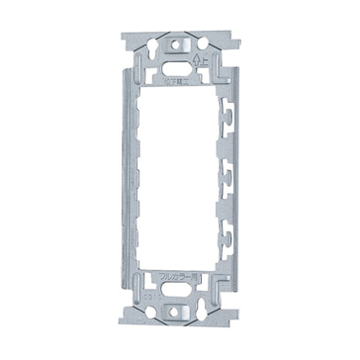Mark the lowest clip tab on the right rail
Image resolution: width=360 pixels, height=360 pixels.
click(230, 237)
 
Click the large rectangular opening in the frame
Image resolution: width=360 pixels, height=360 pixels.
click(180, 178)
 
